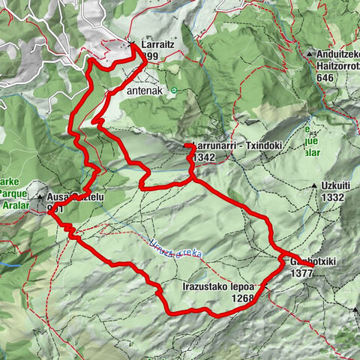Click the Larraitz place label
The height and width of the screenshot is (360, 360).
click(154, 45)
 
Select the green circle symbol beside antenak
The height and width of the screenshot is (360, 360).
click(174, 91)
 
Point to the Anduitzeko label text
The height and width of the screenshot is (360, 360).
click(333, 55)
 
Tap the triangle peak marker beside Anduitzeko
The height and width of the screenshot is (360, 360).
click(308, 55)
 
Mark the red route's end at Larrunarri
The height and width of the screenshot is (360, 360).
click(186, 145)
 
